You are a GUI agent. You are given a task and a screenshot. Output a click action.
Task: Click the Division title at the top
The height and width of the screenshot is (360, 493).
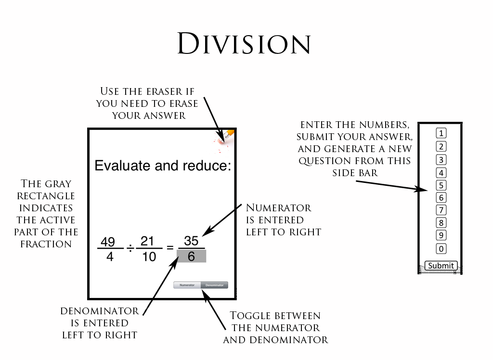click(x=244, y=44)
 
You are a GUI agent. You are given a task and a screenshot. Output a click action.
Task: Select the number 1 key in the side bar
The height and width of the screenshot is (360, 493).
click(x=441, y=133)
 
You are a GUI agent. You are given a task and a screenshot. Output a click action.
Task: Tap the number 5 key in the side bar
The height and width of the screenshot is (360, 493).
click(x=441, y=185)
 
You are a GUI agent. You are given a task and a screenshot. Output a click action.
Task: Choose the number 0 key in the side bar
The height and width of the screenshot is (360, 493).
click(x=441, y=249)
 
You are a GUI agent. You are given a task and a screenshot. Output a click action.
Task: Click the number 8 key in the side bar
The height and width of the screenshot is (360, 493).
click(x=441, y=223)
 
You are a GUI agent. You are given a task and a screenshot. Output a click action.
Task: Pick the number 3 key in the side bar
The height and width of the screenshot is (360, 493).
click(x=441, y=160)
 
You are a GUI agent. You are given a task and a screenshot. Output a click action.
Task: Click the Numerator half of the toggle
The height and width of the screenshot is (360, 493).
click(x=187, y=285)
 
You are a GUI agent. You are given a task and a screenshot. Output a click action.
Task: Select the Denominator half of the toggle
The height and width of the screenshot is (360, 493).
click(x=214, y=285)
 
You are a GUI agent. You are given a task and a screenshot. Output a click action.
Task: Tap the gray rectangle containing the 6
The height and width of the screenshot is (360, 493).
click(x=191, y=257)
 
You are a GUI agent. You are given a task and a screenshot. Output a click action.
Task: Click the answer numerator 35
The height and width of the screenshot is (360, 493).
click(x=191, y=241)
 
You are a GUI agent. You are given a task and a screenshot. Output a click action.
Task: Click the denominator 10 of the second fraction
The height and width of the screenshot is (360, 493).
click(x=149, y=257)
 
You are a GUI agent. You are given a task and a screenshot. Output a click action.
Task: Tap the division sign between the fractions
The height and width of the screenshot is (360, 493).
click(x=130, y=249)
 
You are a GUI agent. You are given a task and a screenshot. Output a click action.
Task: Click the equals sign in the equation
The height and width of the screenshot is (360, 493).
click(x=169, y=248)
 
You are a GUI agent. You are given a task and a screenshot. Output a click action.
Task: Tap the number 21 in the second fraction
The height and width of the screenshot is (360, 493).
click(x=149, y=241)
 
